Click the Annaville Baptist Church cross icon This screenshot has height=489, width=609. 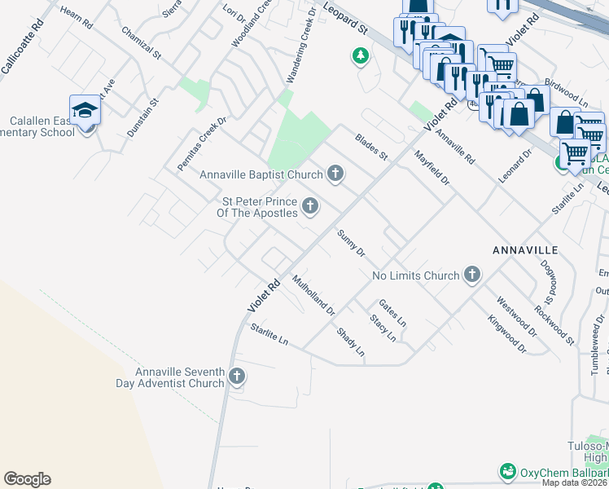tap(335, 174)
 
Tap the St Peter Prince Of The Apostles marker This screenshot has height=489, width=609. tap(309, 207)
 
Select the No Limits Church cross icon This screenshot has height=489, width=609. tap(471, 275)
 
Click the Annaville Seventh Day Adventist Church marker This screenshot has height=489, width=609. tap(236, 377)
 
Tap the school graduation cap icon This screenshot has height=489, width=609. tap(85, 110)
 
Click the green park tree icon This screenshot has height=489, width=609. tap(359, 56)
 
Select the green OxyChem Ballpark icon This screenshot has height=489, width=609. tap(508, 472)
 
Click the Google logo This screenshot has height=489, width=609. tap(27, 479)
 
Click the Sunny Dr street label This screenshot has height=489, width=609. tap(351, 242)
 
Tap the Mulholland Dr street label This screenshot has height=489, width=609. tap(313, 295)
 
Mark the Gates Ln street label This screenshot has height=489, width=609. tap(392, 311)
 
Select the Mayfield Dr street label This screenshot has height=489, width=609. tap(432, 167)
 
